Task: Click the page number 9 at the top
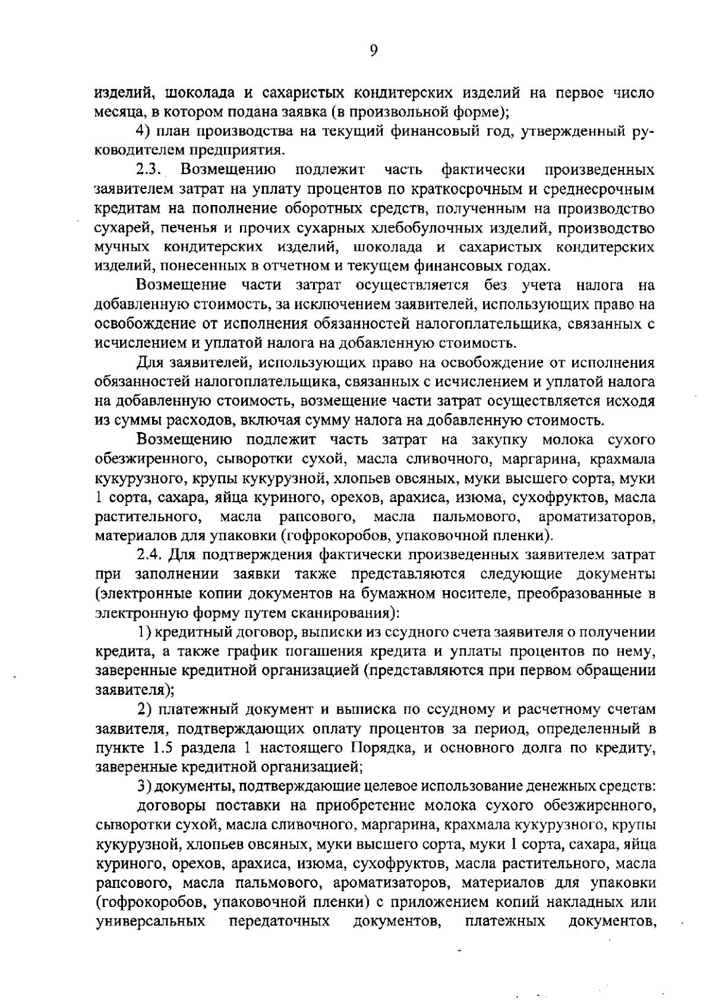[x=374, y=51]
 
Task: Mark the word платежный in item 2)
[x=200, y=708]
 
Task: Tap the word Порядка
[x=382, y=747]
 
